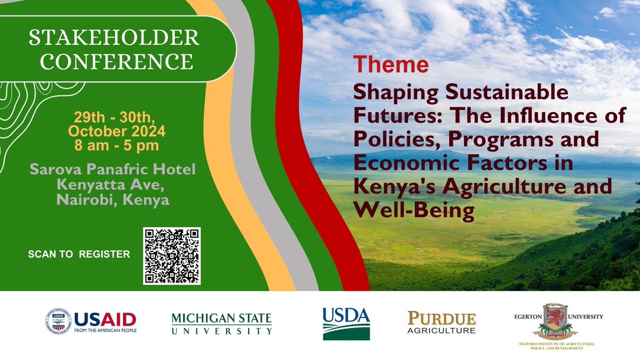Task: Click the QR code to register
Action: (x=172, y=255)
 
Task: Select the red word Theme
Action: (x=391, y=65)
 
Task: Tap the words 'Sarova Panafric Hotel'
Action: (x=113, y=170)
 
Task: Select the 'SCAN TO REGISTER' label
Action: (x=79, y=254)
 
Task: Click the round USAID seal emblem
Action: (x=58, y=321)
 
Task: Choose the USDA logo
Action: (x=346, y=323)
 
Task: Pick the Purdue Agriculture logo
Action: (x=441, y=323)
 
